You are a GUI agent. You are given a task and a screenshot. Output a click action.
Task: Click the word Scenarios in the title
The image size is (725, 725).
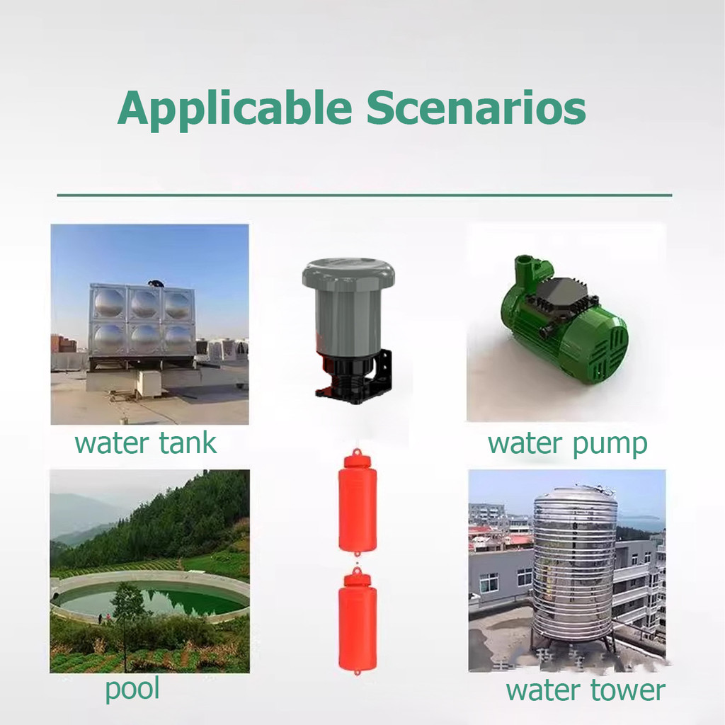476,108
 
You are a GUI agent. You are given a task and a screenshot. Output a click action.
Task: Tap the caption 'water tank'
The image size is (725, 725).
145,444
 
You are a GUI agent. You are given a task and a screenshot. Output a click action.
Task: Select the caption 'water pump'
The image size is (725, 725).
567,444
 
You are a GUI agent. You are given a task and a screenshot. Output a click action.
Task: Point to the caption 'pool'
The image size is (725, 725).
132,688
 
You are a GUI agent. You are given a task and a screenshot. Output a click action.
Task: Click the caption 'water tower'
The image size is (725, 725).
585,690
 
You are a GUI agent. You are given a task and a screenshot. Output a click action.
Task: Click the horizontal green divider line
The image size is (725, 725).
364,194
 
